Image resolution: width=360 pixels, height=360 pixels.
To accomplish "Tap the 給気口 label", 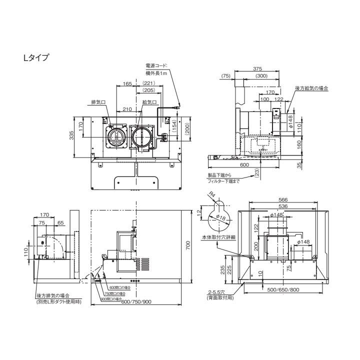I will (149, 101).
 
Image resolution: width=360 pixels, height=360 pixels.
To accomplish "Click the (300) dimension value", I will (260, 76).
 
